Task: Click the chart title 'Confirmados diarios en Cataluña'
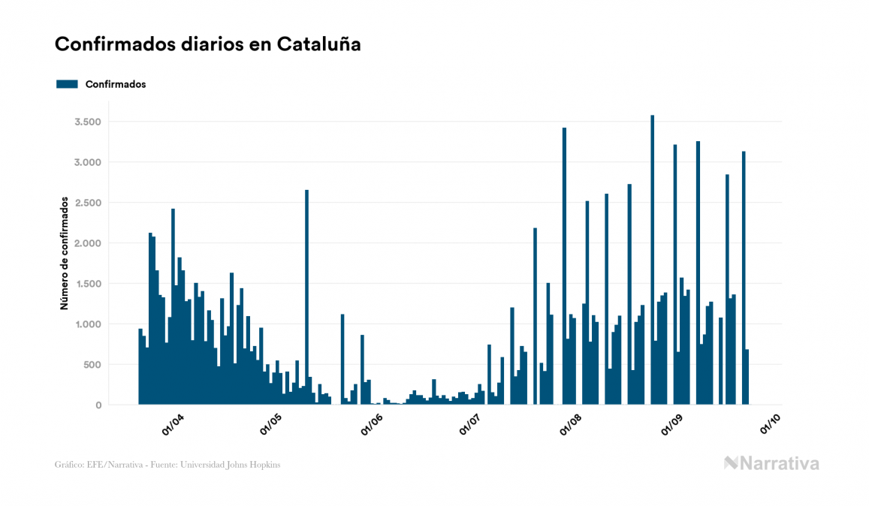pyautogui.click(x=208, y=44)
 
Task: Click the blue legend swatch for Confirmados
pyautogui.click(x=67, y=84)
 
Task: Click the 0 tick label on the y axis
pyautogui.click(x=98, y=405)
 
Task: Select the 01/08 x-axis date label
pyautogui.click(x=571, y=425)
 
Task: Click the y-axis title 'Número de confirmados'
pyautogui.click(x=65, y=254)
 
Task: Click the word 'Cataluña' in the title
pyautogui.click(x=319, y=44)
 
